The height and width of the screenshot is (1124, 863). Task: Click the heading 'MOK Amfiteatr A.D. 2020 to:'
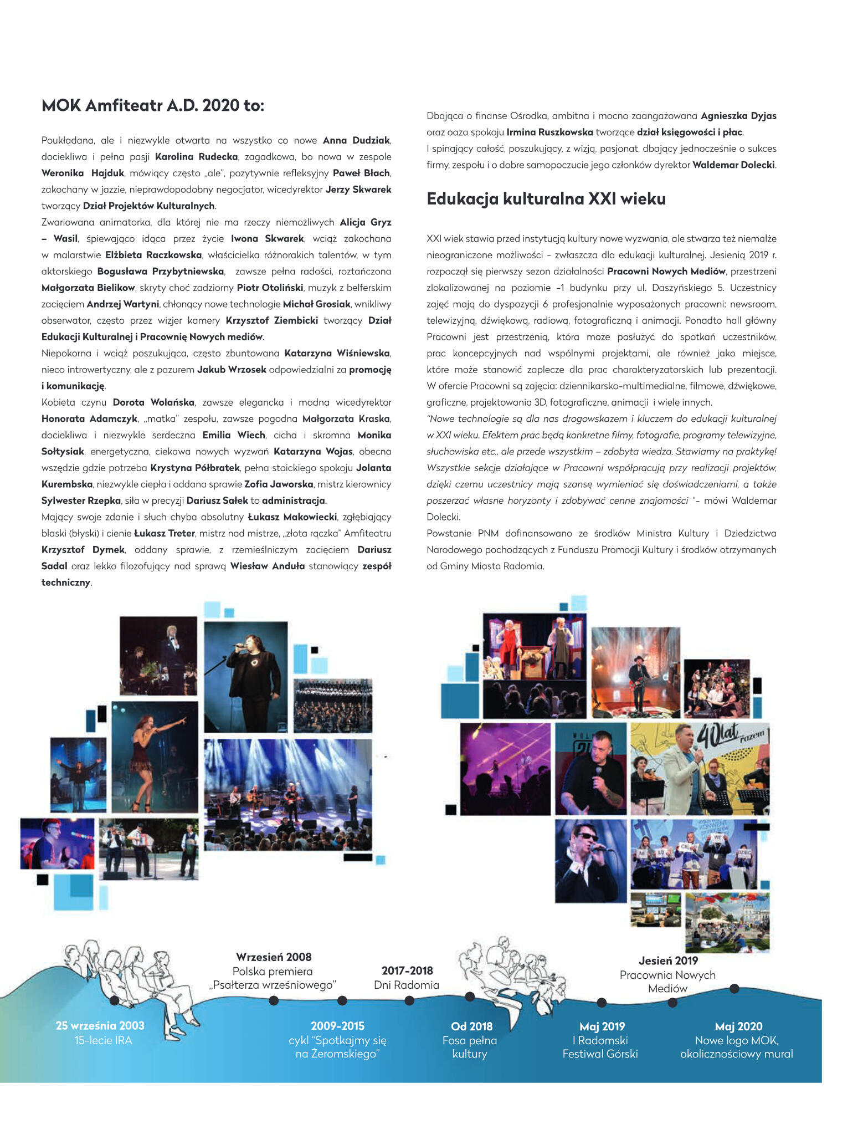pyautogui.click(x=153, y=105)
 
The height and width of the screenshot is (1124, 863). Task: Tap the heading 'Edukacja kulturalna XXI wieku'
pyautogui.click(x=546, y=198)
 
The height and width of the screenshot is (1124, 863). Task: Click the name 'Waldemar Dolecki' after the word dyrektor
pyautogui.click(x=733, y=165)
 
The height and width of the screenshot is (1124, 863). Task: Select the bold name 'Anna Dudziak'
pyautogui.click(x=357, y=140)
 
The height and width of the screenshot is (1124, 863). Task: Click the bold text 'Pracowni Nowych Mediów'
pyautogui.click(x=666, y=271)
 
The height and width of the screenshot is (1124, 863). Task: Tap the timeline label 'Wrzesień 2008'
pyautogui.click(x=274, y=957)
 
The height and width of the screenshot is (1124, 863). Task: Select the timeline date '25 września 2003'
pyautogui.click(x=100, y=1025)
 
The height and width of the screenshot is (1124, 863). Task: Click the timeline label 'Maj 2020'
pyautogui.click(x=738, y=1026)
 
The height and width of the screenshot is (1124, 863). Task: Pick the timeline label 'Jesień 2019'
pyautogui.click(x=668, y=960)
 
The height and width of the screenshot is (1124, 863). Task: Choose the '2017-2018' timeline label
pyautogui.click(x=407, y=970)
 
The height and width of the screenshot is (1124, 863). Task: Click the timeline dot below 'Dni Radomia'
pyautogui.click(x=409, y=1000)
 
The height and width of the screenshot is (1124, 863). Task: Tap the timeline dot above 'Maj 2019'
pyautogui.click(x=602, y=1002)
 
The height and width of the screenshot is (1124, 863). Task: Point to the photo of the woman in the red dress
pyautogui.click(x=155, y=757)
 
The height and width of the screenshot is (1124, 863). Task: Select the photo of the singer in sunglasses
pyautogui.click(x=590, y=861)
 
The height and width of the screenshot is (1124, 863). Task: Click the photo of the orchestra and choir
pyautogui.click(x=332, y=706)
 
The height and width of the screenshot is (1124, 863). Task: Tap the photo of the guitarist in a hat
pyautogui.click(x=635, y=672)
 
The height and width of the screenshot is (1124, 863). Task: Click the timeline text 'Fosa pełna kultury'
pyautogui.click(x=470, y=1047)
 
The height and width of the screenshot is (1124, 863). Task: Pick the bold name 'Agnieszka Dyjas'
pyautogui.click(x=738, y=116)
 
